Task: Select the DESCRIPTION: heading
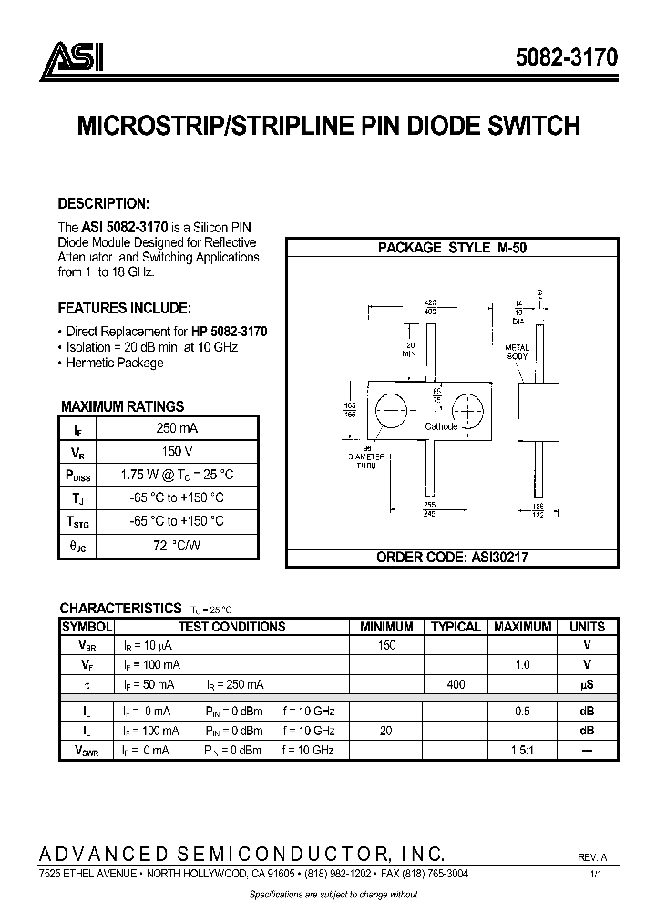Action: (103, 203)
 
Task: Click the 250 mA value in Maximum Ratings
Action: (178, 428)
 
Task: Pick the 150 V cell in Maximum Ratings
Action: (178, 451)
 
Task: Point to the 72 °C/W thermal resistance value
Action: (178, 545)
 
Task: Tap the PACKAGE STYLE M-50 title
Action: (453, 248)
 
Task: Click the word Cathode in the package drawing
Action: (442, 426)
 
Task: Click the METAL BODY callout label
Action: (518, 352)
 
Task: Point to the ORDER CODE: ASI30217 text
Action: (453, 557)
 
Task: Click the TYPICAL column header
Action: (455, 627)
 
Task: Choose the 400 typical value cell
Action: (455, 683)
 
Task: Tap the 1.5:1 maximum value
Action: (522, 750)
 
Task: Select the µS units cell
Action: (587, 683)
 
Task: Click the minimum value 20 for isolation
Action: (386, 731)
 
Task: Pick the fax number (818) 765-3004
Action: (432, 873)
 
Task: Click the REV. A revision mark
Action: (591, 857)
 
